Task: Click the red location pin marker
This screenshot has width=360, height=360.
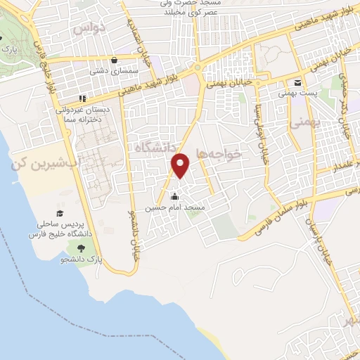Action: pos(181,165)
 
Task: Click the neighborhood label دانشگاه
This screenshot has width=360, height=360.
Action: pos(150,146)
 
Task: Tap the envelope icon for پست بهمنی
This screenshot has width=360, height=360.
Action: pos(297,82)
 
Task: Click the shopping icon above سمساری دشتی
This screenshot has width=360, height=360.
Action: pos(114,60)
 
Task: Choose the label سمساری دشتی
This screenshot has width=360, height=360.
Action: pos(108,71)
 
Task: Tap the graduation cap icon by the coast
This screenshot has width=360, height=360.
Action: pos(60,213)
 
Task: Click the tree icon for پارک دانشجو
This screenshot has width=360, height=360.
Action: pos(82,247)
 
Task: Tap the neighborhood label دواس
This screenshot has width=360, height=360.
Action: pos(91,27)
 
